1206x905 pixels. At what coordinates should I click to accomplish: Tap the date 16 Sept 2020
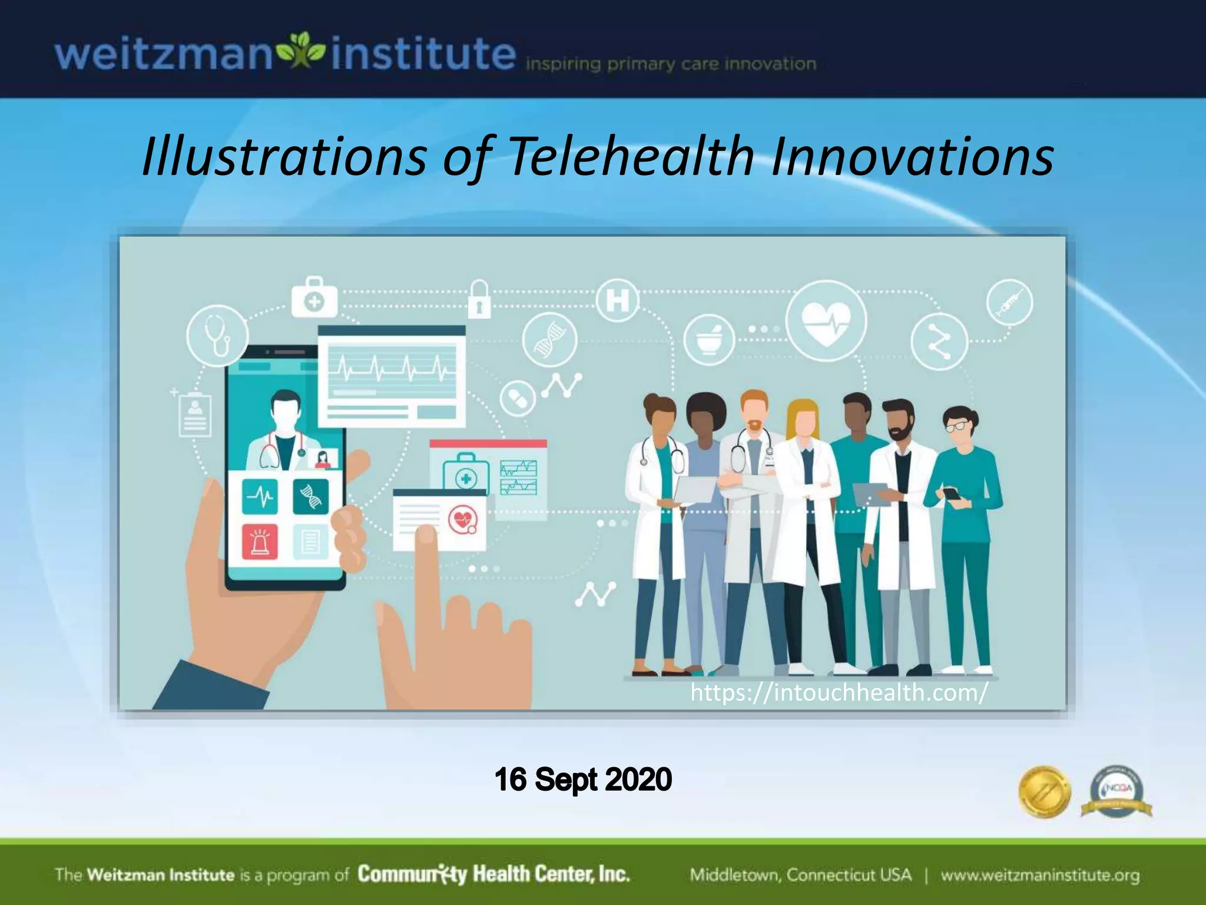pos(583,780)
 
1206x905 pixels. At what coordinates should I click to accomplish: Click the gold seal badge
pos(1044,791)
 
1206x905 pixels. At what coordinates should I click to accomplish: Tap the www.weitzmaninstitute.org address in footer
pos(1040,875)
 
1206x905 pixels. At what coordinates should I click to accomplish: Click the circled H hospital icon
pos(617,300)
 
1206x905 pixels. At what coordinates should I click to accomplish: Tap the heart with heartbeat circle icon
pos(826,322)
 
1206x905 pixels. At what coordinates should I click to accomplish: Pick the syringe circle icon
pos(1009,302)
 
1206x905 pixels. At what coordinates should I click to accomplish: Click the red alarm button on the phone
pos(260,540)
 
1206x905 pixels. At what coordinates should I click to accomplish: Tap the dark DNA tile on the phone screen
pos(310,496)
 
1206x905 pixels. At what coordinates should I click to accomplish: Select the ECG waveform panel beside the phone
pos(392,376)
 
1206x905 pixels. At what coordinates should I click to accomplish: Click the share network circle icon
pos(939,341)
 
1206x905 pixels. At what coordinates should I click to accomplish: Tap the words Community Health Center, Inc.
pos(493,874)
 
